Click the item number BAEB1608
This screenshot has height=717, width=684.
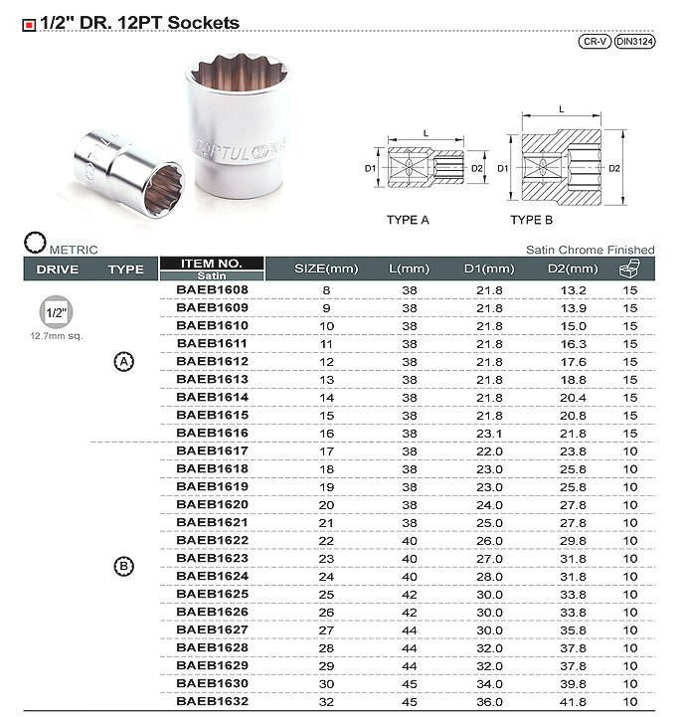[x=212, y=290]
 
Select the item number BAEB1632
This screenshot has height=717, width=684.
[x=212, y=701]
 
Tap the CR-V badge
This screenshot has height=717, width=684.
[x=594, y=42]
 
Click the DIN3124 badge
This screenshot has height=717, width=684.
[x=634, y=42]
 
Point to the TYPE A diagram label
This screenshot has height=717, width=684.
[x=408, y=219]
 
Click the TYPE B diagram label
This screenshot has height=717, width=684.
[x=532, y=219]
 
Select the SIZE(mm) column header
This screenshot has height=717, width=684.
[x=326, y=269]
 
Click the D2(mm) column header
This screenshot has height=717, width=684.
[x=574, y=269]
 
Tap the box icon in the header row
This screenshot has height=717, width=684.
[x=629, y=269]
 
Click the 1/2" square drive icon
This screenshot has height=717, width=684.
[x=55, y=312]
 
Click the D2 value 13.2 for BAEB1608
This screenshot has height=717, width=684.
[x=576, y=290]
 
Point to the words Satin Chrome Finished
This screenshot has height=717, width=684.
[x=590, y=250]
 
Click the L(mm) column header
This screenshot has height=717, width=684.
[x=409, y=269]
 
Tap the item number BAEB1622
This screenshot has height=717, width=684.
[x=212, y=540]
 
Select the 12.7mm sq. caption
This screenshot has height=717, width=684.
[x=56, y=336]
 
